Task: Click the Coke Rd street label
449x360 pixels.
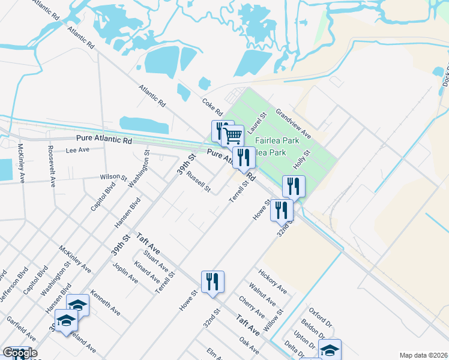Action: (212, 107)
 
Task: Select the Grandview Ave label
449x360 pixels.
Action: (293, 122)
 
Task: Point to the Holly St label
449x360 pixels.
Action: (301, 160)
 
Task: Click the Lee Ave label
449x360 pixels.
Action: (77, 150)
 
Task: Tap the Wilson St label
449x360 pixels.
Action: (113, 178)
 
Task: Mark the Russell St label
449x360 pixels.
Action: (199, 182)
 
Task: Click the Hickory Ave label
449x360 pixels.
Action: (273, 281)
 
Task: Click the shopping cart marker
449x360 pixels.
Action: (232, 136)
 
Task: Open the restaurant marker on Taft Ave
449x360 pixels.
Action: (212, 282)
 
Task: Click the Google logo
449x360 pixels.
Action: (20, 353)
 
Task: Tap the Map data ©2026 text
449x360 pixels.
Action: (423, 355)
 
